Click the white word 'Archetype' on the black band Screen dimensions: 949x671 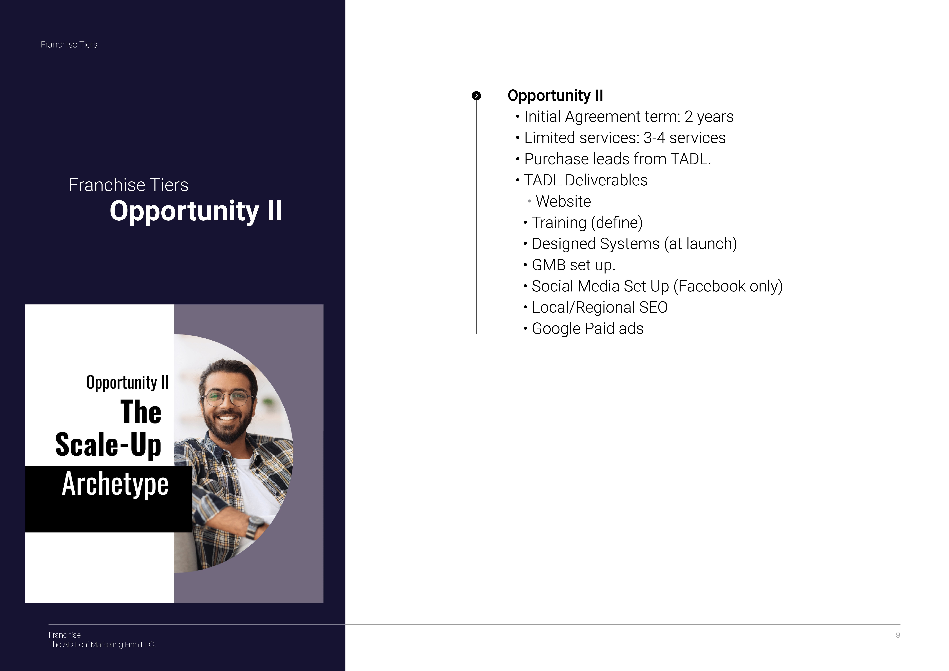point(115,484)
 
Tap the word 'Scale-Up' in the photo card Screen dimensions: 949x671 point(108,445)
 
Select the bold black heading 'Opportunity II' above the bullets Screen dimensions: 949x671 point(556,95)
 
